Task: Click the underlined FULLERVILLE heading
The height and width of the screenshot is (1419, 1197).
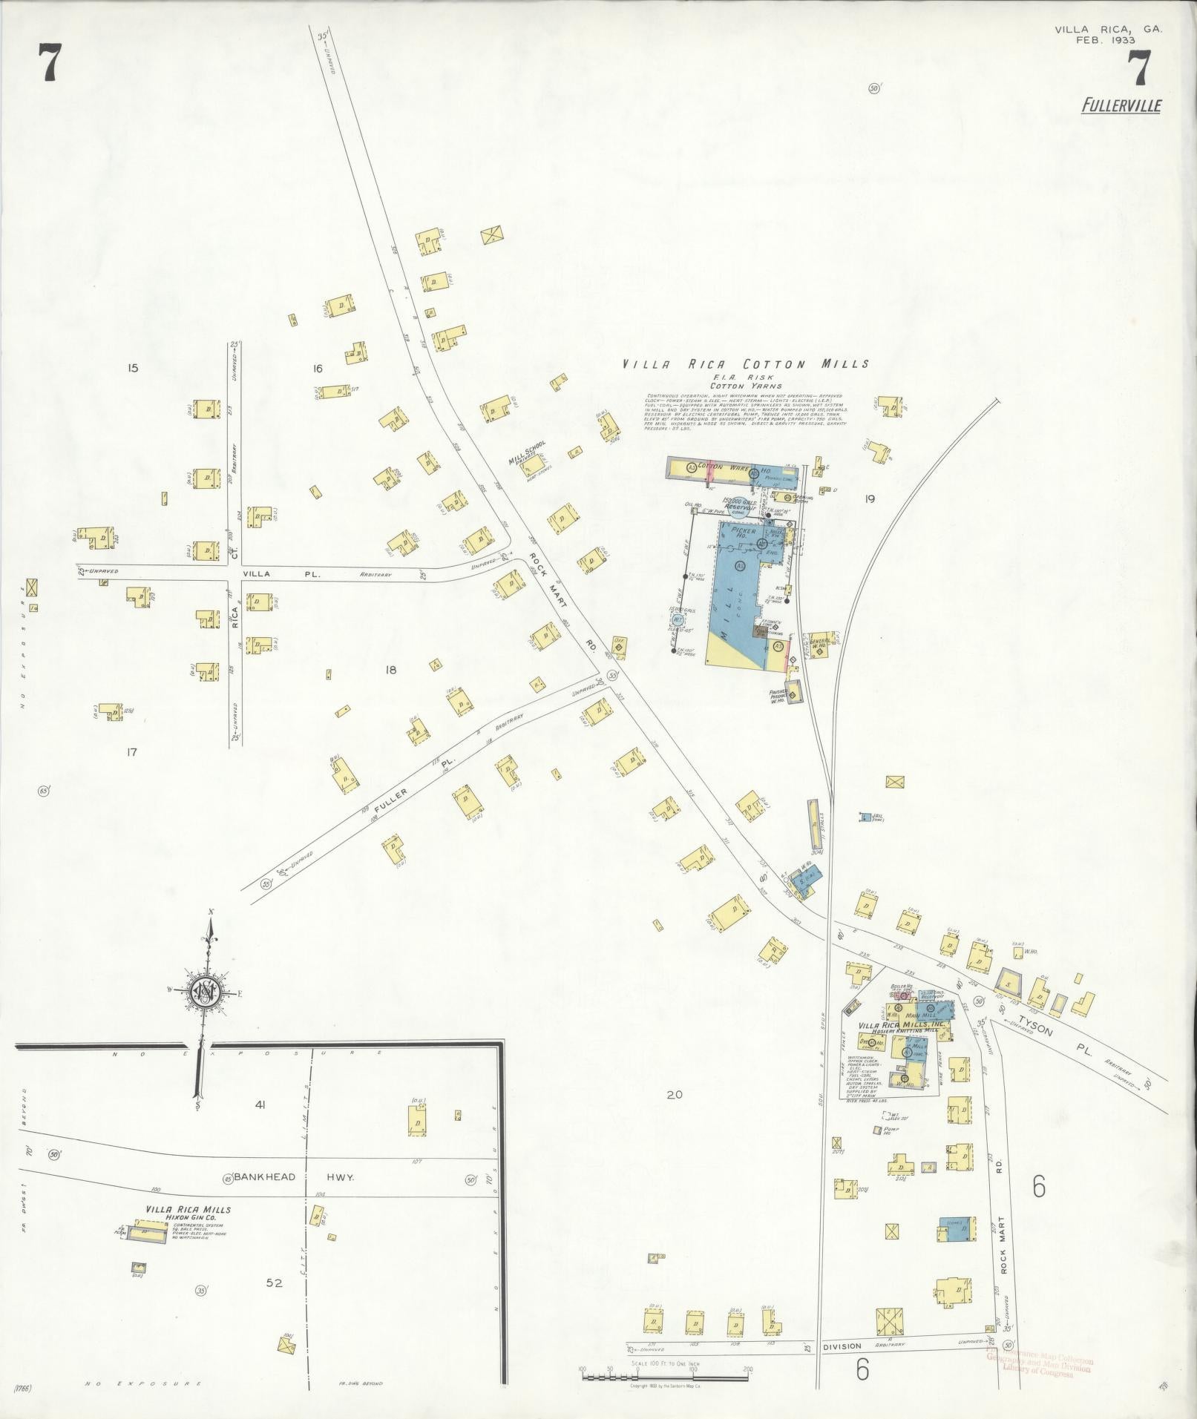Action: pyautogui.click(x=1121, y=106)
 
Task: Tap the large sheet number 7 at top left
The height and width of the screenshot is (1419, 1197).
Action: pyautogui.click(x=49, y=63)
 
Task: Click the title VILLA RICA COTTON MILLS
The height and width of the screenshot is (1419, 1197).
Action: pyautogui.click(x=746, y=364)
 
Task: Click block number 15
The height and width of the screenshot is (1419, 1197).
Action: pyautogui.click(x=133, y=367)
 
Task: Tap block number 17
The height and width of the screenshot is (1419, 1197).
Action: pyautogui.click(x=131, y=752)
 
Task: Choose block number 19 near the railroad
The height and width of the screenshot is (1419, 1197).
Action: pyautogui.click(x=869, y=498)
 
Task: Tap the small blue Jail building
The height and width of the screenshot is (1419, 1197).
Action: pyautogui.click(x=865, y=817)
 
